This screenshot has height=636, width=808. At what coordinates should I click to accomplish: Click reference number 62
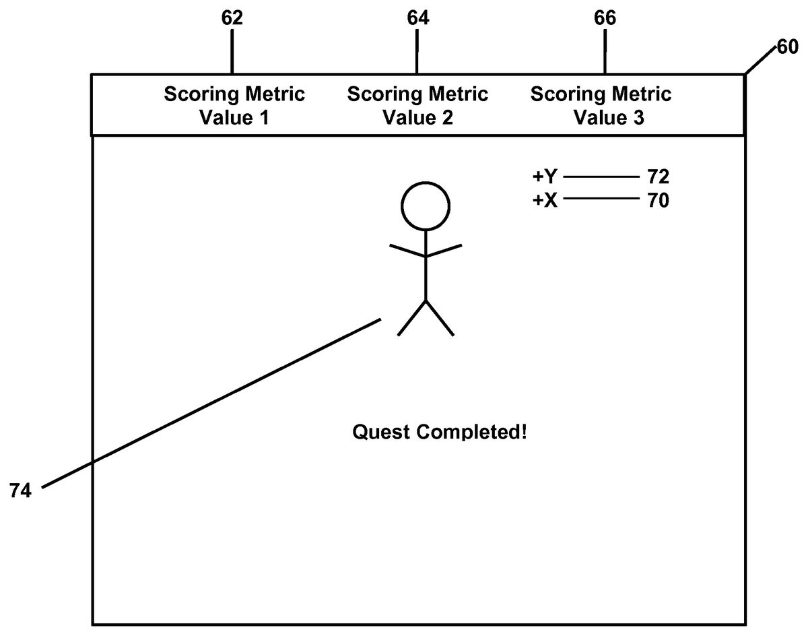point(232,18)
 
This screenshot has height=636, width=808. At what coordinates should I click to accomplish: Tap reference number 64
point(417,18)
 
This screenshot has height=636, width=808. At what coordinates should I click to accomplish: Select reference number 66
point(605,18)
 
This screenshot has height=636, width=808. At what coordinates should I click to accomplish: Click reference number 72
point(657,177)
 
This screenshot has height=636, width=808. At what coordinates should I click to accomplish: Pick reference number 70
point(657,201)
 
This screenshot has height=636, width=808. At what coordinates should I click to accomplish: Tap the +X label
point(545,201)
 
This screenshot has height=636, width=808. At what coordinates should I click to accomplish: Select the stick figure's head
point(426,205)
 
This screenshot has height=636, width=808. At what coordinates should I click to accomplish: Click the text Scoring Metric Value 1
point(234,106)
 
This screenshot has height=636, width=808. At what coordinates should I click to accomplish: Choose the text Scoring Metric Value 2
point(417,106)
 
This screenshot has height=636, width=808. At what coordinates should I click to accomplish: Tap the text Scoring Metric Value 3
point(601,106)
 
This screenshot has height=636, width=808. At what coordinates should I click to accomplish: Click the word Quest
point(381,432)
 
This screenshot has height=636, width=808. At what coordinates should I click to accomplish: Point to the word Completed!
point(471,432)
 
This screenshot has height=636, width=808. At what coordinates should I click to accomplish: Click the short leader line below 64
point(417,51)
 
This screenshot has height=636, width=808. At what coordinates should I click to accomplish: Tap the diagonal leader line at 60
point(759,61)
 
